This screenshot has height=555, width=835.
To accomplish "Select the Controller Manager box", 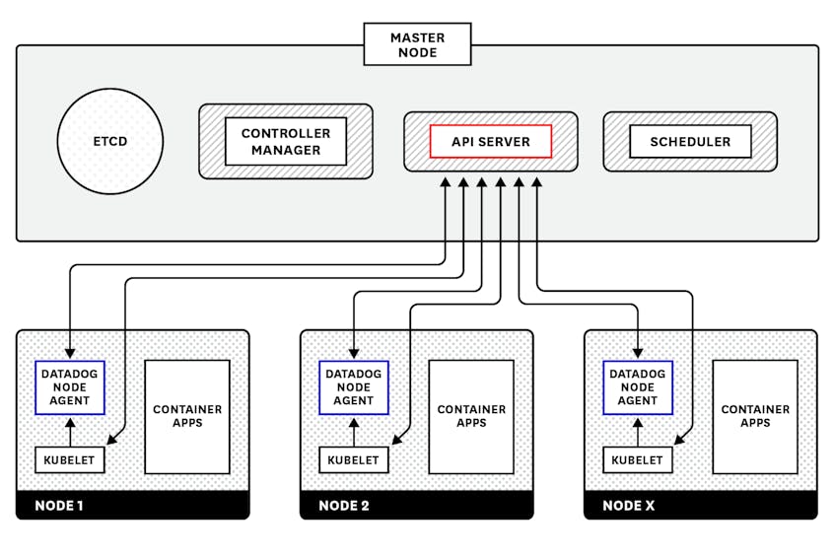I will click(286, 141).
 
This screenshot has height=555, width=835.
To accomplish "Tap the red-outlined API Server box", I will click(490, 141).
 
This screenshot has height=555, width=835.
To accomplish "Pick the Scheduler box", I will click(690, 141).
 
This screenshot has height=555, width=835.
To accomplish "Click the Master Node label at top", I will click(417, 44).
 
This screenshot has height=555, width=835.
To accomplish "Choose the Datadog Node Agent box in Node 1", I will click(70, 387).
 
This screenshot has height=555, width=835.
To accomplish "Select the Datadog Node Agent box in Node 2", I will click(354, 387).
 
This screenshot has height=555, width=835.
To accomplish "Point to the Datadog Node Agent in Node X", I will click(638, 387).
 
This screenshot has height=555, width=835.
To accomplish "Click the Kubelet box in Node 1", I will click(70, 460).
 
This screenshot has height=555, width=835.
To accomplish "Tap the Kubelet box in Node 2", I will click(354, 460).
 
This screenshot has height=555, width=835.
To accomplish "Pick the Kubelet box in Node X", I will click(638, 460).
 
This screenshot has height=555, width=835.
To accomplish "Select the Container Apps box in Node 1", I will click(187, 416).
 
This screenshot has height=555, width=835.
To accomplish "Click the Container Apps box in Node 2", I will click(471, 416).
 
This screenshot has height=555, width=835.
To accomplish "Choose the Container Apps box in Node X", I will click(755, 416).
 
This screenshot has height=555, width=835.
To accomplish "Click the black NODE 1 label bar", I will click(132, 506).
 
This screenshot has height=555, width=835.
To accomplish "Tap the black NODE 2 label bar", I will click(416, 506).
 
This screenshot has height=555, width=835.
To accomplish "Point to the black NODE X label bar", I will click(700, 506).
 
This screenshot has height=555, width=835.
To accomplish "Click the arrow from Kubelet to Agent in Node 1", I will click(70, 431).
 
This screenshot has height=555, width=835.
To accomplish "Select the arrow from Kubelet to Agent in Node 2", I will click(354, 431).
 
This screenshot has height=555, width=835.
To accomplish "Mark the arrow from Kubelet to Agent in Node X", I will click(638, 431).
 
